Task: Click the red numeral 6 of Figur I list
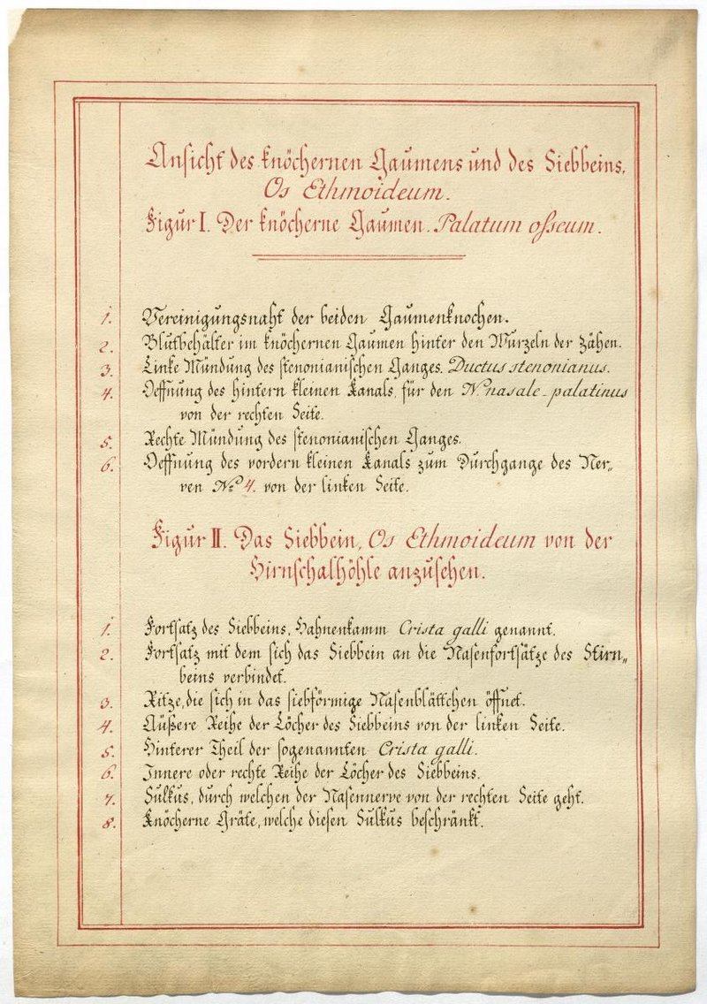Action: (x=104, y=466)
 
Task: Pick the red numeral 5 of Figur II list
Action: (x=104, y=751)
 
